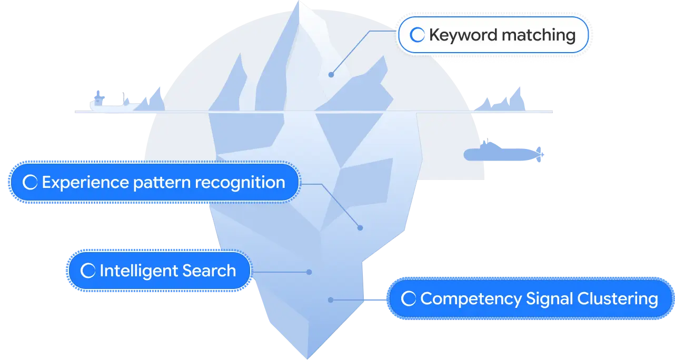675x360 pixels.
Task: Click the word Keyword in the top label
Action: click(x=462, y=35)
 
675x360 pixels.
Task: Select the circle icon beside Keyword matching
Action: click(x=418, y=35)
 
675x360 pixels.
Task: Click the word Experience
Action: click(x=85, y=183)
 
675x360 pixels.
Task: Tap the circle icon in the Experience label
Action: click(x=31, y=183)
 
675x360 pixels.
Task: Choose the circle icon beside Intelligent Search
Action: click(x=88, y=271)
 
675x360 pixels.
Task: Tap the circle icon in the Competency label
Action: click(x=409, y=299)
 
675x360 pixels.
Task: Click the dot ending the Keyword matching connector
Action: click(x=331, y=75)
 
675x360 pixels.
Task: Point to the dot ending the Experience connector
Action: click(x=360, y=228)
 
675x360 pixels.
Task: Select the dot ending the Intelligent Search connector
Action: click(x=309, y=272)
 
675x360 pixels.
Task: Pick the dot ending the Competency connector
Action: click(x=331, y=300)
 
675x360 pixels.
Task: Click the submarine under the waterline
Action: click(x=503, y=154)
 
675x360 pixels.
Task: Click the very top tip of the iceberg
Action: click(x=301, y=3)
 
